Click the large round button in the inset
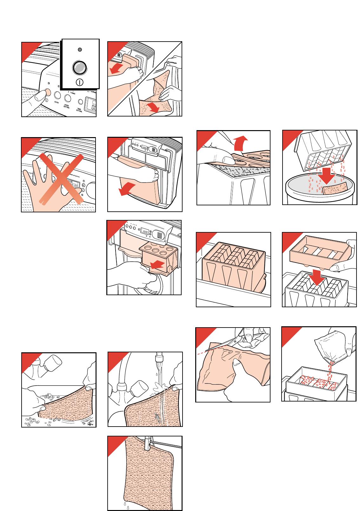(x=79, y=67)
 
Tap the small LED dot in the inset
(x=80, y=50)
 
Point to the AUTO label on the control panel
(x=57, y=102)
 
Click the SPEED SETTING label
(x=66, y=106)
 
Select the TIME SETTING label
(x=79, y=110)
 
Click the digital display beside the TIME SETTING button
(x=91, y=106)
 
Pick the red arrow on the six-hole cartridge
(x=158, y=264)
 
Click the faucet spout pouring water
(x=159, y=359)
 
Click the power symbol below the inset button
(x=79, y=82)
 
